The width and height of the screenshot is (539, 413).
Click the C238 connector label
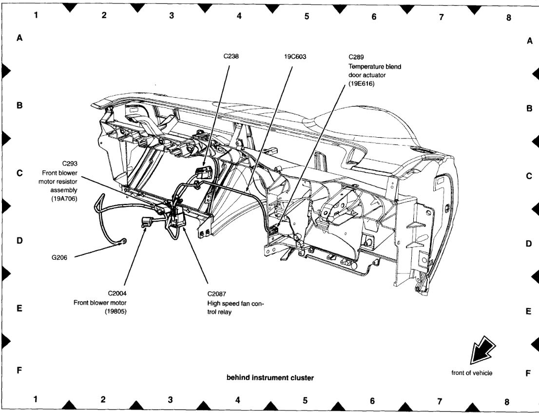[231, 56]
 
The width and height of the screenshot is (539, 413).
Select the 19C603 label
[295, 56]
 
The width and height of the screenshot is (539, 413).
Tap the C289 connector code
[357, 57]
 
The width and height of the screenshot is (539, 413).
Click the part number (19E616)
[361, 84]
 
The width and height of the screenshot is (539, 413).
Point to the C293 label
[70, 164]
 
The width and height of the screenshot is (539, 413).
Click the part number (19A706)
[64, 199]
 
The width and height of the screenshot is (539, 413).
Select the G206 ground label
[59, 257]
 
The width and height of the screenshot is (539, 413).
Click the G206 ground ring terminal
[124, 241]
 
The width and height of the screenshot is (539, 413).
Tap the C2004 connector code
[118, 293]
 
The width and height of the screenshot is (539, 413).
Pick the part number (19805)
[116, 311]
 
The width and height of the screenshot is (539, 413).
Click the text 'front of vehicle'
[472, 373]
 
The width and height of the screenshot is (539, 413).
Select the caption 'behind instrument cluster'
[270, 377]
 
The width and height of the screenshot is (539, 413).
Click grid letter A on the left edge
[20, 38]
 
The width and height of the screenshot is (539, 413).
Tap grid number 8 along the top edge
[508, 17]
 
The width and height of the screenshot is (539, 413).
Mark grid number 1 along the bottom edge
[36, 399]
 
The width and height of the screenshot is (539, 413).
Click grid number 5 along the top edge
[307, 16]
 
